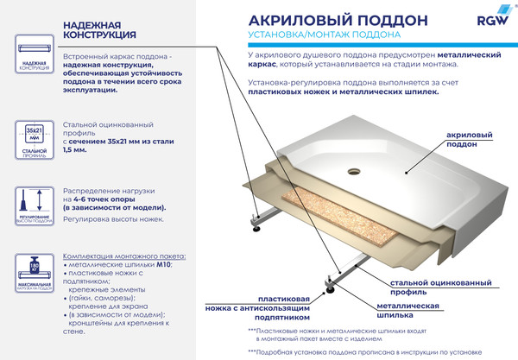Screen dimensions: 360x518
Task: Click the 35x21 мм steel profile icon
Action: (x=34, y=140)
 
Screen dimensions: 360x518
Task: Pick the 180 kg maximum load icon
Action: (x=34, y=275)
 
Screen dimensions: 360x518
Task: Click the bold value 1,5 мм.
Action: (x=75, y=149)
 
